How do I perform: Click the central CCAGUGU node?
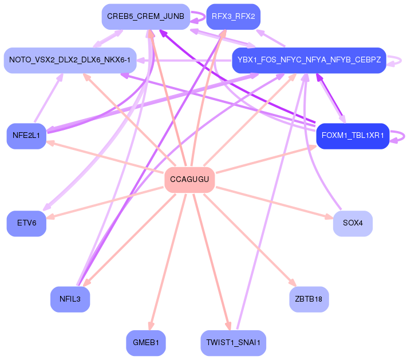[189, 180]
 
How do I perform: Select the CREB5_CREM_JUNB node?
[145, 17]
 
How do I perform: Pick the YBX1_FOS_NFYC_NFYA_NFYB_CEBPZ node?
[309, 60]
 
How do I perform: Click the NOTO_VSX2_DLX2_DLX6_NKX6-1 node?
[70, 60]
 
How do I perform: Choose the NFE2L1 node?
[26, 136]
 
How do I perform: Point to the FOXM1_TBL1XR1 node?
[353, 136]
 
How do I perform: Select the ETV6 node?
[26, 223]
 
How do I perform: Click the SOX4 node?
[353, 223]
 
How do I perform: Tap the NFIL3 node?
[70, 299]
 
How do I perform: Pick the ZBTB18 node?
[309, 299]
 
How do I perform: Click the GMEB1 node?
[145, 343]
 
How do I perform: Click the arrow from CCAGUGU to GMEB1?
[168, 258]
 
